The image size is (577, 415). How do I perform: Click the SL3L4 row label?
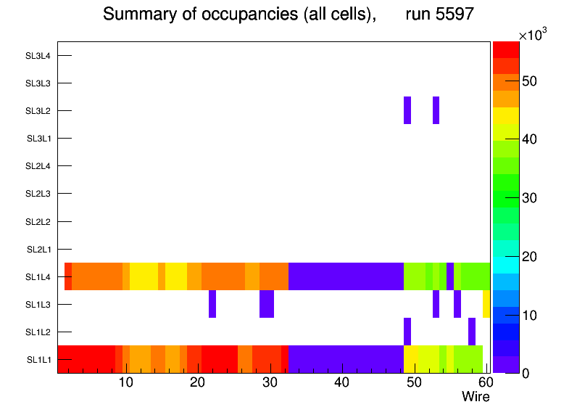37,56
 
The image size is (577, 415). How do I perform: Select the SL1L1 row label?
38,360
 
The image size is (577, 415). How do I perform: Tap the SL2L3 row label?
37,194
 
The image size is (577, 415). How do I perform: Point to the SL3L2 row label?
37,111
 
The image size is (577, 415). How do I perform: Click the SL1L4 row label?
38,277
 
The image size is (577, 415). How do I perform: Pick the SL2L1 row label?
38,250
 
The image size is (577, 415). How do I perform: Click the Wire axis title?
476,397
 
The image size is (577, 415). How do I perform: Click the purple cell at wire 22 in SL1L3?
212,304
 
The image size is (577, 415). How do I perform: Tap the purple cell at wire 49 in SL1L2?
407,332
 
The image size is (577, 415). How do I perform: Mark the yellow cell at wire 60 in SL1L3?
486,304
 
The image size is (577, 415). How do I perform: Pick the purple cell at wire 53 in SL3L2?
436,110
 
